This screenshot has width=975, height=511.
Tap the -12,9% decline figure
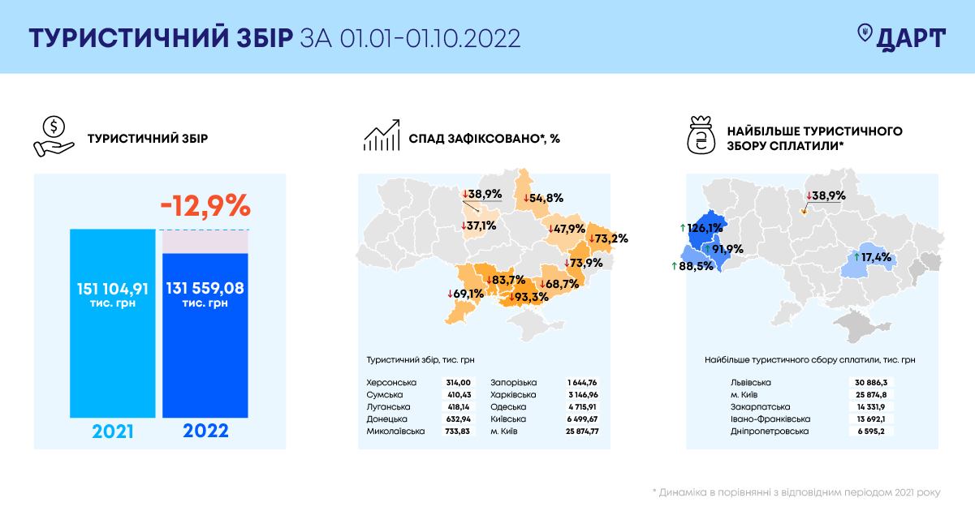(205, 206)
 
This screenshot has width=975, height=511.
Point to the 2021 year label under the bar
(112, 430)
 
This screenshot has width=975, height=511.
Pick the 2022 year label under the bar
(205, 430)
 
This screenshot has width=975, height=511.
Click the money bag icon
(702, 136)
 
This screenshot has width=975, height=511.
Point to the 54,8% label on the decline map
(543, 197)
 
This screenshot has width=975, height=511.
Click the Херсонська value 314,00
(458, 382)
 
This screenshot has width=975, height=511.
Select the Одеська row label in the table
(508, 406)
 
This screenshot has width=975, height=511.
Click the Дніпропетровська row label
(757, 431)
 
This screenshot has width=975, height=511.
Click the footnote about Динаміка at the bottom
(796, 492)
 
